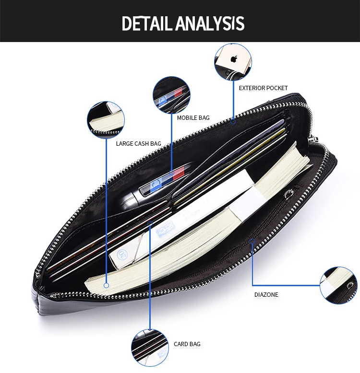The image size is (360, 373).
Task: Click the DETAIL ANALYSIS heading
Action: tap(183, 23)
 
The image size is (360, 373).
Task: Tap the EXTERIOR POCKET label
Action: tap(263, 88)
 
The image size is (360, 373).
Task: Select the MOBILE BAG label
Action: tap(193, 118)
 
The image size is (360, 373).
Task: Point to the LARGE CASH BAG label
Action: tap(138, 144)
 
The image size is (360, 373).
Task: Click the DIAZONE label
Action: tap(266, 295)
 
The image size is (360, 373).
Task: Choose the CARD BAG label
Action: tap(187, 344)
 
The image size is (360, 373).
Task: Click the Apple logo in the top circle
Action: tap(234, 59)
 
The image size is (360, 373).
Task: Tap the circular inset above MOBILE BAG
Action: tap(171, 95)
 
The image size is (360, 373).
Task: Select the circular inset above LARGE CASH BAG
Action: tap(106, 120)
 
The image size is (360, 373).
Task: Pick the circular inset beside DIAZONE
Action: tap(338, 285)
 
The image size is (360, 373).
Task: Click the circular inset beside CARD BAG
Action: tap(150, 348)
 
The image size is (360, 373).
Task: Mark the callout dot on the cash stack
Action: tap(107, 285)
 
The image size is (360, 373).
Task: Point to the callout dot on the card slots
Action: tap(150, 223)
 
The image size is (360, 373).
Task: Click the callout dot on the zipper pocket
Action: tap(252, 242)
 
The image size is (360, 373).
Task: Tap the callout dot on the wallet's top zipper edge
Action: tap(233, 122)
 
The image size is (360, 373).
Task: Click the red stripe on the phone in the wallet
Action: tap(180, 174)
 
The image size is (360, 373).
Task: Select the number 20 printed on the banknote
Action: tap(122, 255)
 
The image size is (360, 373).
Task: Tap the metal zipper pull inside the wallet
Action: tap(289, 193)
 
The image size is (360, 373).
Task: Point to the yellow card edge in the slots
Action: tap(230, 166)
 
